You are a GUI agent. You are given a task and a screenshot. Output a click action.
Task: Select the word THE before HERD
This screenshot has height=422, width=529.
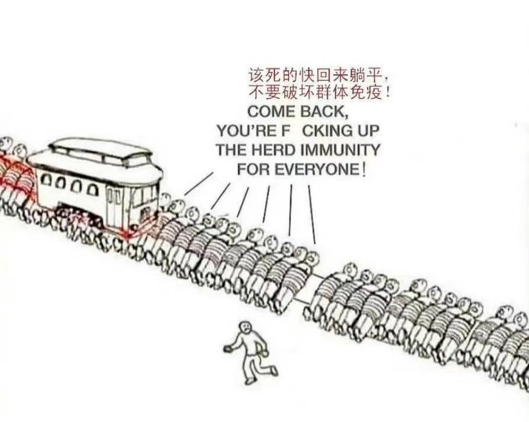click(x=231, y=149)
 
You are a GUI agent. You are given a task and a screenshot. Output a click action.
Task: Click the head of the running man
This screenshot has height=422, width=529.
click(x=245, y=327)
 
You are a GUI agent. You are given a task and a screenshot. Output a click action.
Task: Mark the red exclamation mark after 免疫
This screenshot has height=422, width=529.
click(x=388, y=91)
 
